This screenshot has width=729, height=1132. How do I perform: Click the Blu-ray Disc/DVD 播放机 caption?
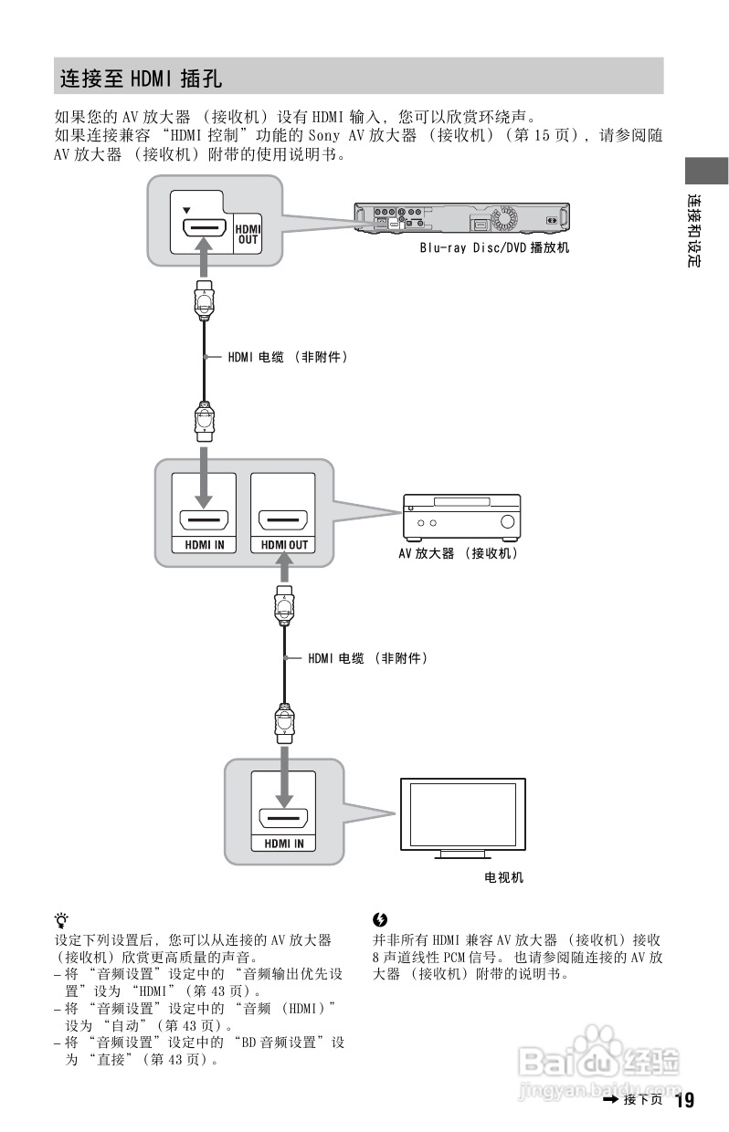tap(493, 247)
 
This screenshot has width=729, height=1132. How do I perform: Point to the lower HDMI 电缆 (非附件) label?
tap(367, 657)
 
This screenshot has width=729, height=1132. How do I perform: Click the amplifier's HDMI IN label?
tap(203, 545)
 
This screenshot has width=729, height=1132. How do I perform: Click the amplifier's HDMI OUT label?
tap(284, 545)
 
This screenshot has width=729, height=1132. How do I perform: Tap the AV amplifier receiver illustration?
tap(462, 517)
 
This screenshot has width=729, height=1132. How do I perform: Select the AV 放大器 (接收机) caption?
tap(457, 553)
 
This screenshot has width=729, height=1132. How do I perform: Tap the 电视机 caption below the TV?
tap(503, 878)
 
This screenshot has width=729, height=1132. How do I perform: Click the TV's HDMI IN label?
tap(284, 844)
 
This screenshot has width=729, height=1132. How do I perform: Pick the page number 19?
tap(684, 1099)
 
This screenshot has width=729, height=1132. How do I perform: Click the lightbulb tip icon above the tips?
tap(61, 919)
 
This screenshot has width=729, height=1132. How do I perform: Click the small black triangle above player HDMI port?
tap(187, 209)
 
